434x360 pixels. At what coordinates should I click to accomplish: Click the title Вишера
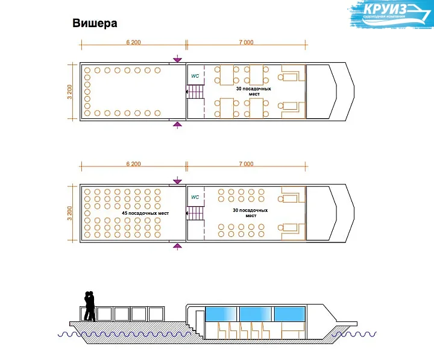pyautogui.click(x=95, y=24)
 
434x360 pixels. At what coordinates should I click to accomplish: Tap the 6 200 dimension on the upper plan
pyautogui.click(x=134, y=42)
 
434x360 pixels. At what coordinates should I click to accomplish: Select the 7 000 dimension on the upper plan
pyautogui.click(x=245, y=42)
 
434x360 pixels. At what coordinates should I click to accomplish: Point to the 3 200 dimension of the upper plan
pyautogui.click(x=71, y=92)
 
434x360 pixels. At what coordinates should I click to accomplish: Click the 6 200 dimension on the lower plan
pyautogui.click(x=134, y=164)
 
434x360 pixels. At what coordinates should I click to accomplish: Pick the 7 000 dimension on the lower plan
pyautogui.click(x=245, y=164)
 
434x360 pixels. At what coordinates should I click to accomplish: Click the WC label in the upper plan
pyautogui.click(x=195, y=77)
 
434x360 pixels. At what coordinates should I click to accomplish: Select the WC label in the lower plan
pyautogui.click(x=195, y=197)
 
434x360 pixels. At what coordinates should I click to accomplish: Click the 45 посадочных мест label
pyautogui.click(x=145, y=213)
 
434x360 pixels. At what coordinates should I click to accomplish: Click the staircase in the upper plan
pyautogui.click(x=195, y=92)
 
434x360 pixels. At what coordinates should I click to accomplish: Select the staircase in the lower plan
pyautogui.click(x=195, y=213)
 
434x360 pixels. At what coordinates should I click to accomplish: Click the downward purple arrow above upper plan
pyautogui.click(x=177, y=59)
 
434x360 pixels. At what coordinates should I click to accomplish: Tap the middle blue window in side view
pyautogui.click(x=256, y=314)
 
